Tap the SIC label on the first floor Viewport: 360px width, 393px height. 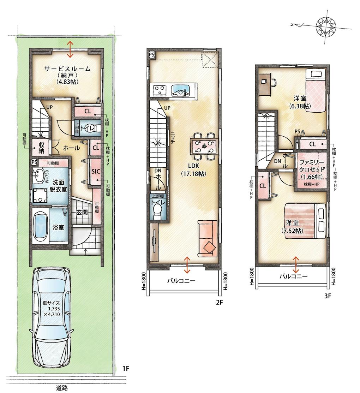pos(96,172)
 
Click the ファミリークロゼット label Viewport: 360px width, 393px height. pos(312,165)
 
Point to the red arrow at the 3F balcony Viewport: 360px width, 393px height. pos(296,264)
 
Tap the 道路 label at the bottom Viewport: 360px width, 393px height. pos(62,388)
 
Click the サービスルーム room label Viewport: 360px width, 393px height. pos(67,69)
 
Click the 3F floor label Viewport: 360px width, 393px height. pos(328,296)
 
